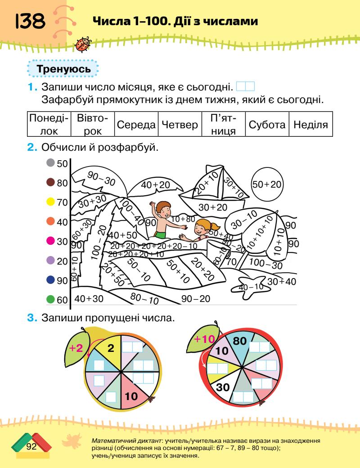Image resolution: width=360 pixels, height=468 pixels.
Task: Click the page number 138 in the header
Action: (30, 21)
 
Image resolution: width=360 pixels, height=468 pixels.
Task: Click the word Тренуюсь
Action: (63, 70)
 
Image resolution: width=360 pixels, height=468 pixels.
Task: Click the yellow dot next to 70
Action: (51, 202)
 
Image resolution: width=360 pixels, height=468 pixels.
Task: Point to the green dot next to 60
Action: (51, 299)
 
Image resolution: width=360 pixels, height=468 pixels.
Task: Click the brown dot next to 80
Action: (51, 183)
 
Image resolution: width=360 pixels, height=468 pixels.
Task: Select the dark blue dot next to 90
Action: (51, 280)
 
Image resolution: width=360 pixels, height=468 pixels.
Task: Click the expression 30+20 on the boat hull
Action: (213, 207)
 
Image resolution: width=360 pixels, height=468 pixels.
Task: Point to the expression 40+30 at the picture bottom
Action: (89, 298)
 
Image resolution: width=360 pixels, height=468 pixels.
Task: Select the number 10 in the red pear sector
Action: (131, 396)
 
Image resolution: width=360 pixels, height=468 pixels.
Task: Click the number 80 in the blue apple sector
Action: (239, 341)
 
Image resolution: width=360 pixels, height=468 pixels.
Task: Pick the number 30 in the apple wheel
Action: (223, 387)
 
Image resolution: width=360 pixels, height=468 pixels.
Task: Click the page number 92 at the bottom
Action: (31, 446)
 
